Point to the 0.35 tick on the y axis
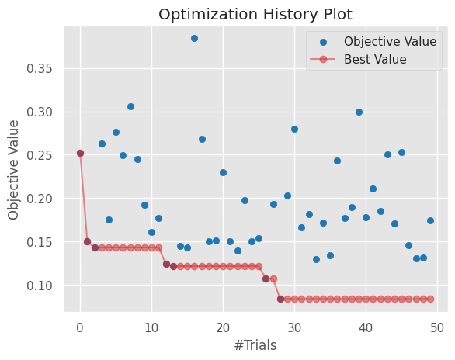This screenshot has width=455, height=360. click(43, 68)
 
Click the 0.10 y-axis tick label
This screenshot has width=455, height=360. click(43, 286)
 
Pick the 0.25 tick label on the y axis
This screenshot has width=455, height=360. click(43, 155)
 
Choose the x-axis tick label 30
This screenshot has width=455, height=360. click(294, 327)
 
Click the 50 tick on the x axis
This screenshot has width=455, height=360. click(437, 327)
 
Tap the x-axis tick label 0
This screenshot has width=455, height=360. click(80, 327)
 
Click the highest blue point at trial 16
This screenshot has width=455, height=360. click(194, 38)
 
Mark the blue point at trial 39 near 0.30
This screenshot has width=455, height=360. click(359, 112)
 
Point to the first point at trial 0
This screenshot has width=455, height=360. click(80, 153)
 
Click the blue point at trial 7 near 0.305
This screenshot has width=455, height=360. click(130, 106)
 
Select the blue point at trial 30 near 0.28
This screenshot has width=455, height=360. click(294, 129)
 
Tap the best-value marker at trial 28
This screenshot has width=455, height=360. click(280, 299)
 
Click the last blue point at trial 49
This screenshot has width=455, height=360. click(430, 220)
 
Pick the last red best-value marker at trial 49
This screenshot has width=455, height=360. click(430, 299)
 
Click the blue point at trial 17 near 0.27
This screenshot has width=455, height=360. click(202, 139)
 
